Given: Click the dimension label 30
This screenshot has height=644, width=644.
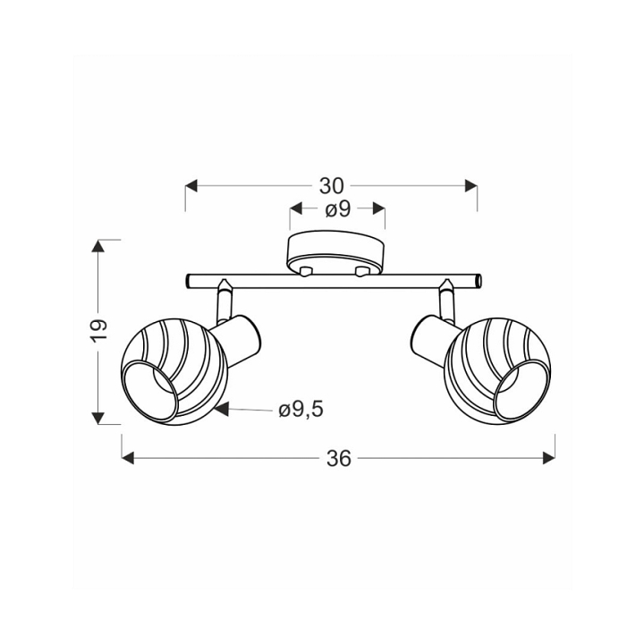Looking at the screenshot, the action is (x=331, y=186).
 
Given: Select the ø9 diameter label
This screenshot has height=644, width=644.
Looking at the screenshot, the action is (x=337, y=209).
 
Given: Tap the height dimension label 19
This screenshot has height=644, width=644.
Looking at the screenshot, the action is (x=99, y=330).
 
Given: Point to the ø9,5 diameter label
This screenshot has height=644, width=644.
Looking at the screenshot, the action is (x=301, y=410).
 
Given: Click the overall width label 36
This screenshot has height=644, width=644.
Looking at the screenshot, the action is (x=339, y=458).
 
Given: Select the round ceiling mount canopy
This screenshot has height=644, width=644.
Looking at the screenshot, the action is (x=337, y=252).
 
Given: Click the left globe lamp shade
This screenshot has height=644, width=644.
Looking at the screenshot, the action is (x=174, y=371).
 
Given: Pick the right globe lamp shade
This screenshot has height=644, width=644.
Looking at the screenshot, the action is (x=498, y=371).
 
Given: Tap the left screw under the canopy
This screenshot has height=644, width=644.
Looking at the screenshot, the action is (x=306, y=271).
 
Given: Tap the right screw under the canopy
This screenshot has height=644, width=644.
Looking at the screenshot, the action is (x=362, y=271).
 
